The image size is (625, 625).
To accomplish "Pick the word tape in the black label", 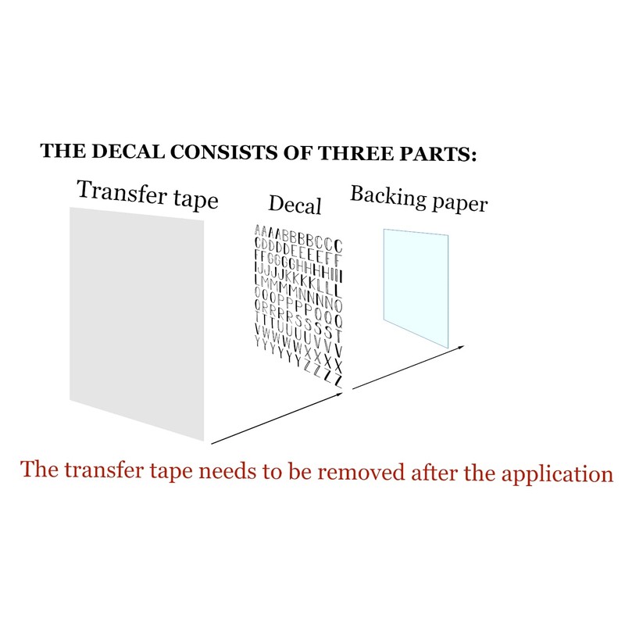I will tap(195, 200).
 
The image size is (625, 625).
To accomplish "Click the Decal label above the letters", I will tap(295, 205).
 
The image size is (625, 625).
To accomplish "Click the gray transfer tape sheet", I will tap(137, 320).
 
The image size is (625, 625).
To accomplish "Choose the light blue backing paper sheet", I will tap(416, 285).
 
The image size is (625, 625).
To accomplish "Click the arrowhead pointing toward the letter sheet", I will tap(340, 395).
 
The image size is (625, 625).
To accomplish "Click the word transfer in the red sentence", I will tap(98, 471).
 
